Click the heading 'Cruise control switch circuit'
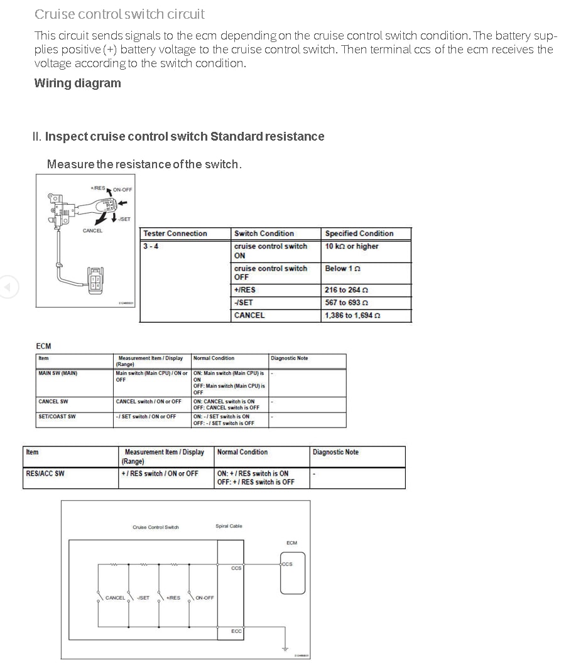(119, 14)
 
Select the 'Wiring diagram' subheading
(77, 83)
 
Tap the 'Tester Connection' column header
(175, 234)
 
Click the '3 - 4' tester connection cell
(151, 246)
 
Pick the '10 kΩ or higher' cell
(352, 246)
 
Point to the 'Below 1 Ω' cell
(343, 268)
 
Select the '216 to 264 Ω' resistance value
(346, 290)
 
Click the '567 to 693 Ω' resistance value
(346, 303)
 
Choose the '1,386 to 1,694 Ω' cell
(352, 315)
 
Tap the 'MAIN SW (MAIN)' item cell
(58, 373)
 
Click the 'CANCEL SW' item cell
(53, 401)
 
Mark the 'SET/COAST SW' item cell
(57, 416)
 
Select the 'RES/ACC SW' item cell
(45, 473)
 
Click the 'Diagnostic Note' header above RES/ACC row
(335, 452)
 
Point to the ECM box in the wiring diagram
(292, 573)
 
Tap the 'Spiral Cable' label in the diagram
(229, 526)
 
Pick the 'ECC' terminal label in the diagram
(236, 631)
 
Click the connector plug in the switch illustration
(95, 280)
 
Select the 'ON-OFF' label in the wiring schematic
(205, 598)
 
